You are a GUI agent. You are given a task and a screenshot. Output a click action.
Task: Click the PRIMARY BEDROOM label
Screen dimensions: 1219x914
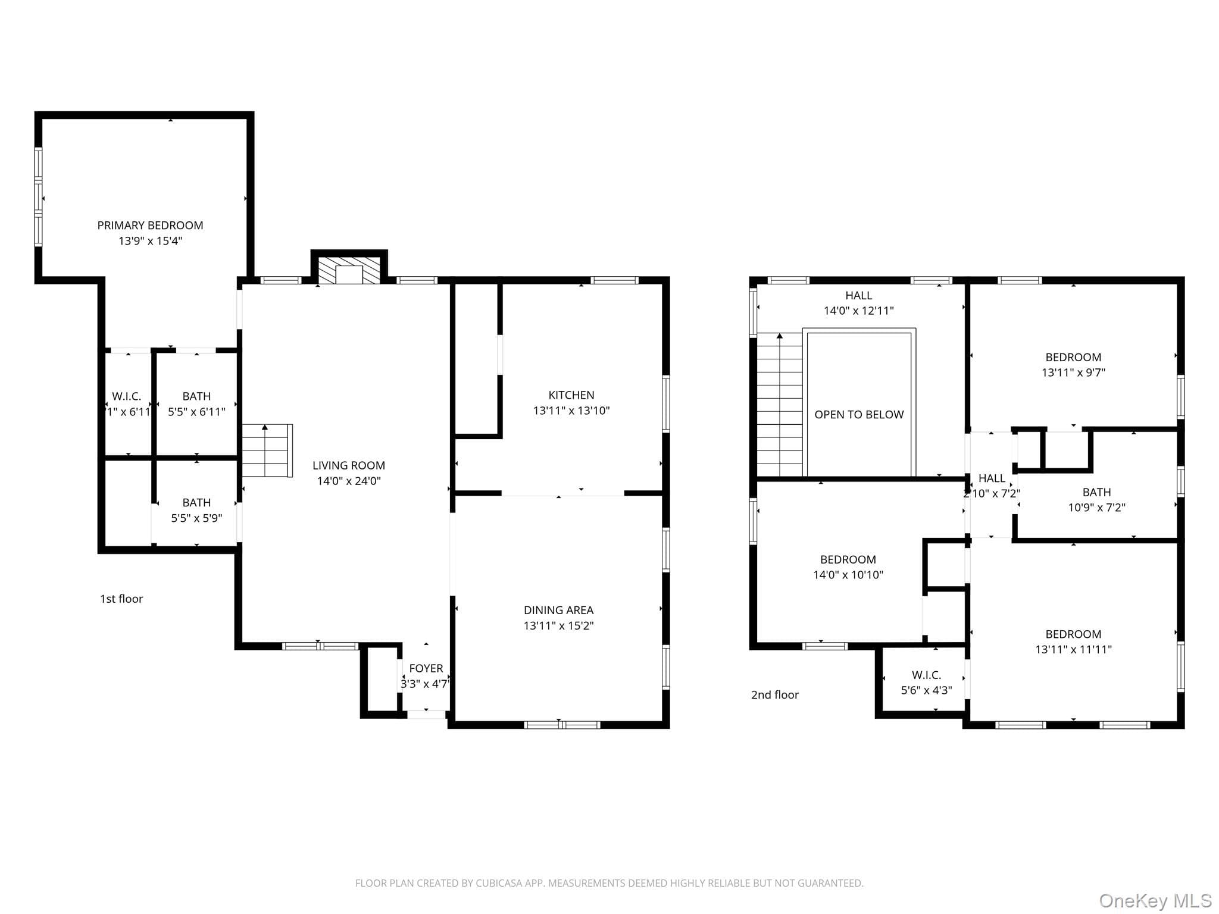150,226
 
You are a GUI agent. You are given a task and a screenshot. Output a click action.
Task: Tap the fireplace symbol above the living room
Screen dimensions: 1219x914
349,270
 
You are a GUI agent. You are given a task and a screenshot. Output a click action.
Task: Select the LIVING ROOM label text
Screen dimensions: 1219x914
349,466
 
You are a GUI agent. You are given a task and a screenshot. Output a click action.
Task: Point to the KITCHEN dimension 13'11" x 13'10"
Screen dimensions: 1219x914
571,411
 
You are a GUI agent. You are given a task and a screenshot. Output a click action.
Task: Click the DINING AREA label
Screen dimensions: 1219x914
558,611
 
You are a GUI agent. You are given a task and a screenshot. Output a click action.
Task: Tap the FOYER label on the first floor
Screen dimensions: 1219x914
426,669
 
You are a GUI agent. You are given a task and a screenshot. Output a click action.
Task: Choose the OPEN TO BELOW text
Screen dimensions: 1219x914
859,415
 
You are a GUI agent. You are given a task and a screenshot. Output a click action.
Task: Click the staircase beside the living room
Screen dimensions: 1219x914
267,450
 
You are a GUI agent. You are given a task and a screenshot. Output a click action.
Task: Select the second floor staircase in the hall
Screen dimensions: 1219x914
780,405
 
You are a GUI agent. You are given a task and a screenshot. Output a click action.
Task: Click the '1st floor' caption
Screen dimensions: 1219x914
121,599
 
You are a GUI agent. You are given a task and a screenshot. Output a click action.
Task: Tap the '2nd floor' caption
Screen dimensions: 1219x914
775,695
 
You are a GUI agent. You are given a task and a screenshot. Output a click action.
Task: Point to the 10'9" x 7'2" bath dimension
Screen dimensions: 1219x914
1096,508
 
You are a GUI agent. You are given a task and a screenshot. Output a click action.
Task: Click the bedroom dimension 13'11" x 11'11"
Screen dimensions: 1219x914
1073,650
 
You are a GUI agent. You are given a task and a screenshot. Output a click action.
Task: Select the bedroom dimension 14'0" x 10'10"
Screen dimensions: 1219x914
848,575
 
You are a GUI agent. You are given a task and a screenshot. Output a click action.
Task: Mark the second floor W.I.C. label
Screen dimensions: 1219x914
926,675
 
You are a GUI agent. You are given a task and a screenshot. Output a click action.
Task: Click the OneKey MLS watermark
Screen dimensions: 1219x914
1155,901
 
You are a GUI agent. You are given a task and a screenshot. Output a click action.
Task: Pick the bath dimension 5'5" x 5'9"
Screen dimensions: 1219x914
196,518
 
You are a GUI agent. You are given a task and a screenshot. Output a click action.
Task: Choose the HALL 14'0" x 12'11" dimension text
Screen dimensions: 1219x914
859,311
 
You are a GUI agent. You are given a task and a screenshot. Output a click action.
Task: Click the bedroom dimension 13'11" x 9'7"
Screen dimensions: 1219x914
1073,373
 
